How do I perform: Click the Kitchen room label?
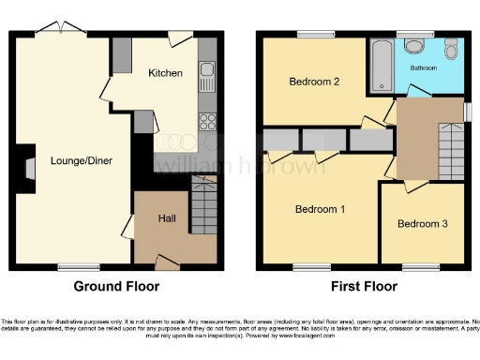[164, 72]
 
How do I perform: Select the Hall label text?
[166, 217]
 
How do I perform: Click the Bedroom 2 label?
[314, 82]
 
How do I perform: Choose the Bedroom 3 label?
[421, 224]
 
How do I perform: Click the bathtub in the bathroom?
[382, 66]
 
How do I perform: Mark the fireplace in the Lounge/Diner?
[29, 168]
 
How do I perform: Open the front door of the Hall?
[167, 261]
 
